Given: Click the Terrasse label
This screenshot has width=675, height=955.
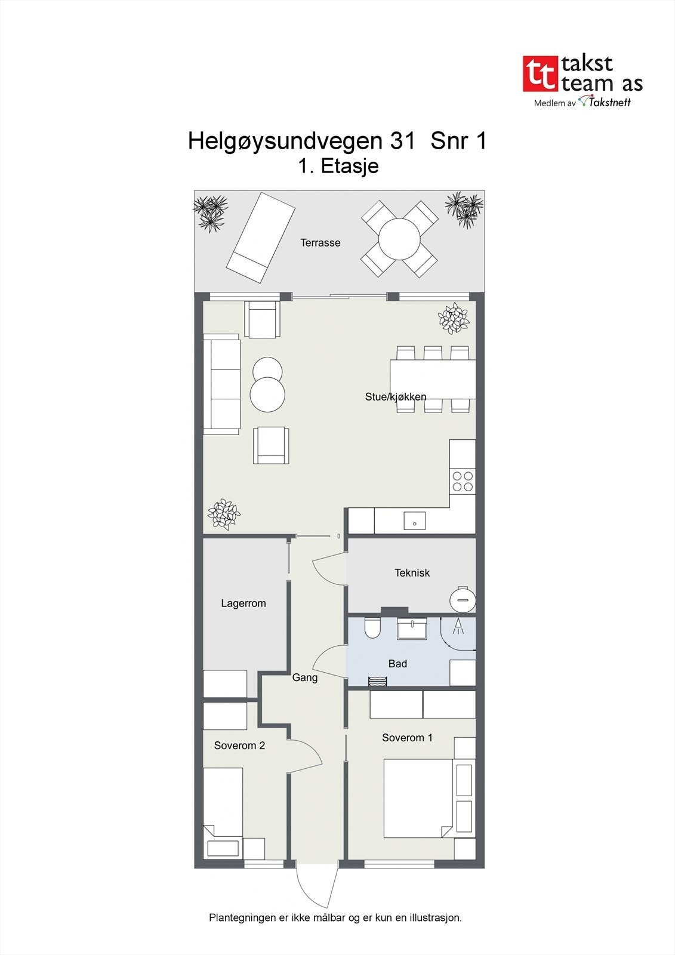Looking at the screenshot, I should (x=320, y=243).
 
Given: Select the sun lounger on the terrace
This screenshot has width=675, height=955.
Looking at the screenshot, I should (x=261, y=237).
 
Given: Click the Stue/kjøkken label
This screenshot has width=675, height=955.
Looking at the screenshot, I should (x=396, y=397).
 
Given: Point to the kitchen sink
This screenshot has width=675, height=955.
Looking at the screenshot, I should (x=414, y=521).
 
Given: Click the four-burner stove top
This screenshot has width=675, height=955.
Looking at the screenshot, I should (x=463, y=481).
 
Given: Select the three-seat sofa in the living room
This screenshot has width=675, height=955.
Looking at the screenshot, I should (x=221, y=384).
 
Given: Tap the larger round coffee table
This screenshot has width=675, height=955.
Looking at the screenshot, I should (x=267, y=394).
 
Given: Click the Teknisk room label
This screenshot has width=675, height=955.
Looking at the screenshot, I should (x=412, y=573).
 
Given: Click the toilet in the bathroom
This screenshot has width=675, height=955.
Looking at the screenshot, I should (x=372, y=628).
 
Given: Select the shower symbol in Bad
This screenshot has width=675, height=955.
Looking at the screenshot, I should (x=458, y=627).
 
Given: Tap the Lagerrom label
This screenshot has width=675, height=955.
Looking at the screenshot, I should (x=243, y=603).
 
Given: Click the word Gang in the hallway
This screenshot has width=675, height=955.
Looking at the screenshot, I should (x=304, y=678).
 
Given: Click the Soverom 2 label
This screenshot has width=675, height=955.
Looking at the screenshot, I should (x=239, y=746).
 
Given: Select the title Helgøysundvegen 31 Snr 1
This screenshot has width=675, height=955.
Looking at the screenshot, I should (x=337, y=141).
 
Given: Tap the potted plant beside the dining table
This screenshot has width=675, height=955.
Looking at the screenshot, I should (x=454, y=318).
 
